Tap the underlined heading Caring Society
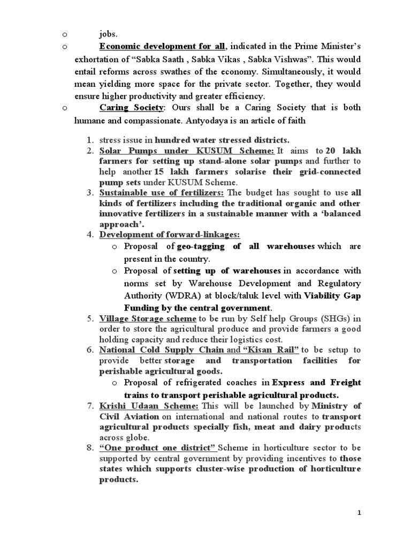(x=131, y=108)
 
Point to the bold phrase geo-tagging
(x=201, y=247)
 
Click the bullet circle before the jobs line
(x=64, y=34)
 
